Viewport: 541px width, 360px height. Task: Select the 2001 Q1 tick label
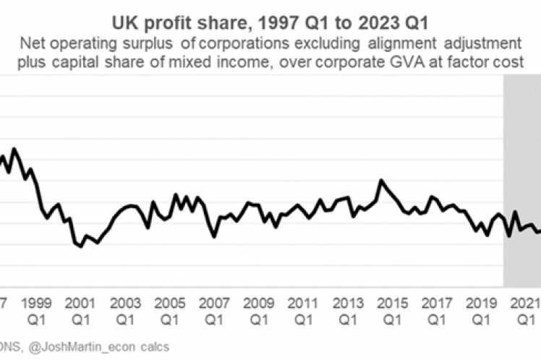pyautogui.click(x=81, y=308)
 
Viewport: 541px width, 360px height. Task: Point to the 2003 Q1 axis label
pyautogui.click(x=125, y=308)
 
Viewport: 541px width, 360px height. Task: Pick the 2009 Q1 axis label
pyautogui.click(x=257, y=308)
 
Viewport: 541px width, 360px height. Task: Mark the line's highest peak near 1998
pyautogui.click(x=14, y=149)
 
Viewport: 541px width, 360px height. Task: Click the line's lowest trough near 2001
pyautogui.click(x=80, y=247)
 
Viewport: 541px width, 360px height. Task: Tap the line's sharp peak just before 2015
pyautogui.click(x=381, y=181)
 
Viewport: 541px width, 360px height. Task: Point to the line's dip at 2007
pyautogui.click(x=213, y=236)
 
